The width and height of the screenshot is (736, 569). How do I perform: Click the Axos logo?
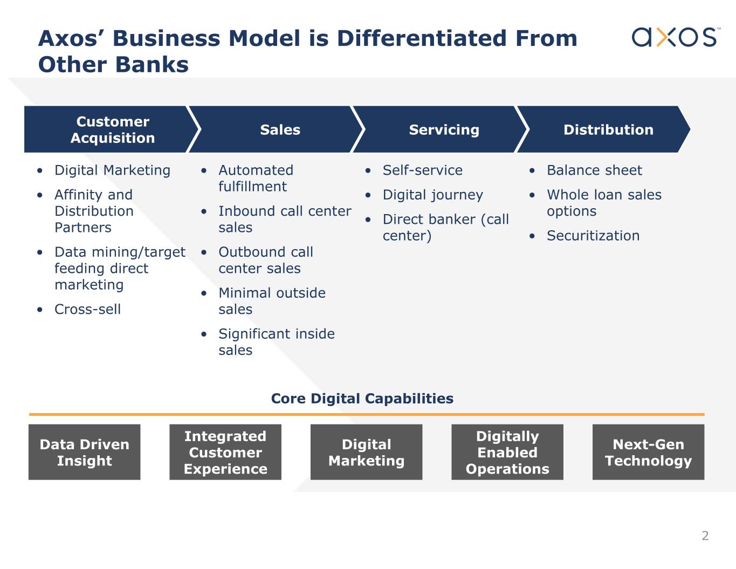click(x=676, y=37)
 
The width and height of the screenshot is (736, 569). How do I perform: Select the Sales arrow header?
click(x=277, y=129)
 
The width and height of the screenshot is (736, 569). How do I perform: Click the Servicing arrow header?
click(x=441, y=129)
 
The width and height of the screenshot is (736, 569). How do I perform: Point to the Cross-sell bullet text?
click(x=87, y=309)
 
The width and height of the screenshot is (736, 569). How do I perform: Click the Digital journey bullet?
click(x=433, y=195)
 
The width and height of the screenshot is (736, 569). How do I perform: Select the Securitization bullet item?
click(x=593, y=236)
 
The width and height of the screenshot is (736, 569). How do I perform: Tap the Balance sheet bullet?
click(x=594, y=170)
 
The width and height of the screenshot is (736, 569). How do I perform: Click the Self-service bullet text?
click(x=422, y=170)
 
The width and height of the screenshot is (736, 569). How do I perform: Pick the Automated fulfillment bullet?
click(x=256, y=178)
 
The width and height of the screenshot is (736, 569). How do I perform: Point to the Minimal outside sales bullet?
click(x=272, y=301)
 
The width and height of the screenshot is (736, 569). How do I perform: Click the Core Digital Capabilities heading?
click(x=362, y=399)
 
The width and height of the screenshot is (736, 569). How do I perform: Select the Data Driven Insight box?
click(x=84, y=452)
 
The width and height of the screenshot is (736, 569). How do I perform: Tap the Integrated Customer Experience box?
click(x=225, y=452)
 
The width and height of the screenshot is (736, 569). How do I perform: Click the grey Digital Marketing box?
click(x=366, y=452)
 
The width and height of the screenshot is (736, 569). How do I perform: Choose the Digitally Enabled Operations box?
click(x=507, y=452)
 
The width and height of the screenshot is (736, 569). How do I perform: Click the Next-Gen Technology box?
click(x=648, y=452)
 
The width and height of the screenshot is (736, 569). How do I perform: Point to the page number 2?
click(x=705, y=536)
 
